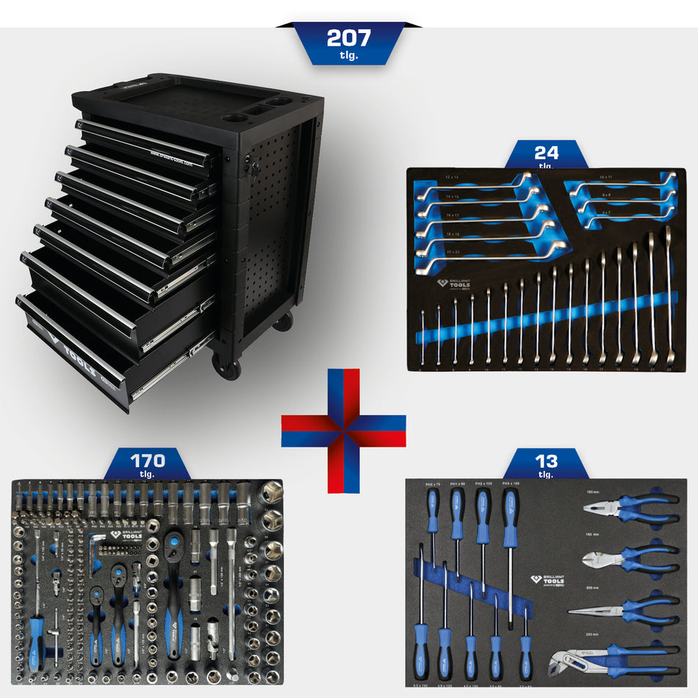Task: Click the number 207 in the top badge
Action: click(x=348, y=37)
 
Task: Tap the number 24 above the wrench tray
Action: click(x=547, y=153)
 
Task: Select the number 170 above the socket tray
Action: click(x=148, y=461)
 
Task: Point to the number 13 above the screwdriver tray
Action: click(x=547, y=461)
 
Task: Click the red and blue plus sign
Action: click(x=343, y=431)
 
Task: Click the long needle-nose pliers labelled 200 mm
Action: click(x=625, y=609)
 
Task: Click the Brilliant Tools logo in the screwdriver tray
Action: click(x=547, y=580)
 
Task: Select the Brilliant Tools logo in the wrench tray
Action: click(x=455, y=284)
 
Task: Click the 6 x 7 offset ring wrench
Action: click(x=625, y=214)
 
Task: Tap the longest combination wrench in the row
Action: click(x=669, y=294)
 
